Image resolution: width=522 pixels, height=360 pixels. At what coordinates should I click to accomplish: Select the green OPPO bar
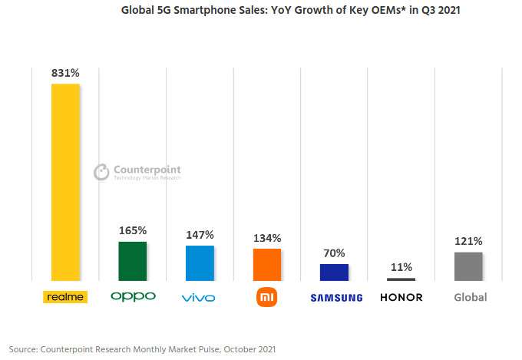132,261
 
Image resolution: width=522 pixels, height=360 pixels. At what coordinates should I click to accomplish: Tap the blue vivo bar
200,263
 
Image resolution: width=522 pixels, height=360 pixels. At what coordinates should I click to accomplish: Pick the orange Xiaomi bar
267,265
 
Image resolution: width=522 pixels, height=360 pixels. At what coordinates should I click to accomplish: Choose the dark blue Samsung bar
334,272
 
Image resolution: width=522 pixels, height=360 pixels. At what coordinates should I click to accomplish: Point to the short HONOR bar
401,279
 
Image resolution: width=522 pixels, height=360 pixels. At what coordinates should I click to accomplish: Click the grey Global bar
468,266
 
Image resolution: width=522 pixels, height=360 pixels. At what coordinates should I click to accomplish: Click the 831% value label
65,73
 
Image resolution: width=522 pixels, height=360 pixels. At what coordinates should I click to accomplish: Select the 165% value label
132,230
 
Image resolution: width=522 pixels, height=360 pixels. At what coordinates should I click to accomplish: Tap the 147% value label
200,235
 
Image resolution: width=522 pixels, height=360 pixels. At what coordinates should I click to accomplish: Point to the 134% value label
267,238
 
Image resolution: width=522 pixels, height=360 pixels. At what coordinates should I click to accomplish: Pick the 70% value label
334,253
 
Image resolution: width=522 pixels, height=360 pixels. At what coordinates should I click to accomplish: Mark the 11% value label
401,267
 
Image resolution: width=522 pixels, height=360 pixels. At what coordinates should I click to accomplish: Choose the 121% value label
468,241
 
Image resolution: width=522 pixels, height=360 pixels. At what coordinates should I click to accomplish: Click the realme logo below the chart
65,297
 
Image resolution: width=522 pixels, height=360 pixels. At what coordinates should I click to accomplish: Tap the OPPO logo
133,297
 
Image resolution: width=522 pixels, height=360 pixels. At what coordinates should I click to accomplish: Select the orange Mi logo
267,297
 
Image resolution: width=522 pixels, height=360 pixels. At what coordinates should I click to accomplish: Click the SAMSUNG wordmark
336,298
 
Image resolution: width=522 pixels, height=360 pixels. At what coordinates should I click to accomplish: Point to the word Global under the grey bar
470,297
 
